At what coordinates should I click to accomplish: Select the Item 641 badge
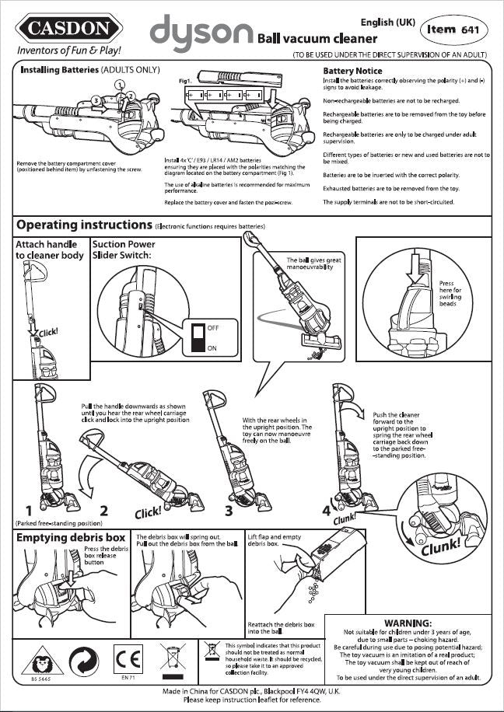coord(453,30)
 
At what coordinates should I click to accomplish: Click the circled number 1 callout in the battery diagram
coord(120,84)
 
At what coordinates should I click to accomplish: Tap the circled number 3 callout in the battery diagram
coord(95,100)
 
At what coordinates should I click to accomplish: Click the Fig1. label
coord(185,81)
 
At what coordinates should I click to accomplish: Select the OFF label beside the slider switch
coord(213,329)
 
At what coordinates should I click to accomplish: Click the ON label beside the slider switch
coord(212,348)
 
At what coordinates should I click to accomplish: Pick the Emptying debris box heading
coord(71,537)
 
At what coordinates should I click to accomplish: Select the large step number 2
coord(103,511)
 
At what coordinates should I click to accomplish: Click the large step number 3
coord(229,511)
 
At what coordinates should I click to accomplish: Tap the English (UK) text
coord(388,23)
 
